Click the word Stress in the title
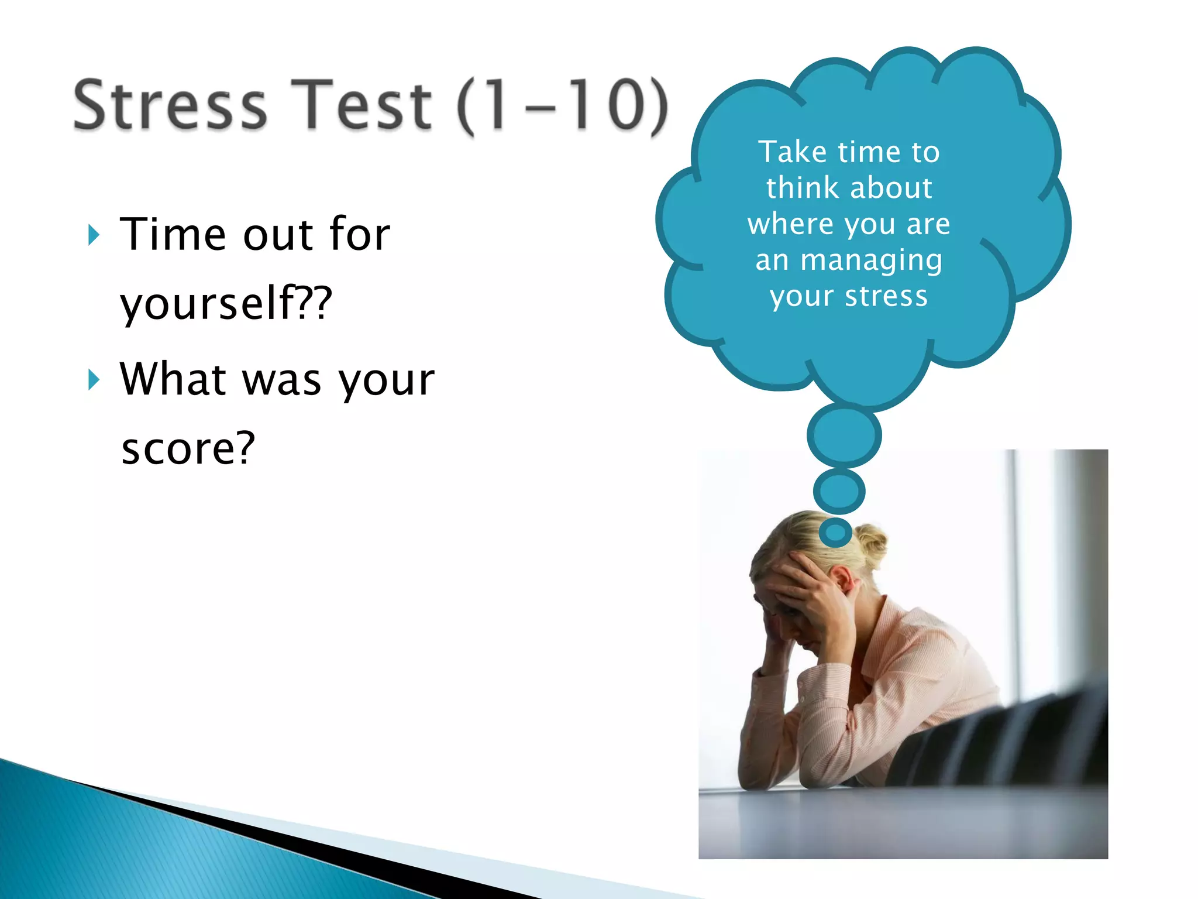(x=170, y=105)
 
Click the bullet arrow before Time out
(x=94, y=235)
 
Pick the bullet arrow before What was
(x=94, y=380)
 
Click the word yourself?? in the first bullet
(x=226, y=303)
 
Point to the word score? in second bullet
(x=188, y=448)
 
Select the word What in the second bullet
(x=173, y=379)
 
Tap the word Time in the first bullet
(x=173, y=234)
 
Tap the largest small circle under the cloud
(x=844, y=436)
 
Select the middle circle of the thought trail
(x=839, y=491)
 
